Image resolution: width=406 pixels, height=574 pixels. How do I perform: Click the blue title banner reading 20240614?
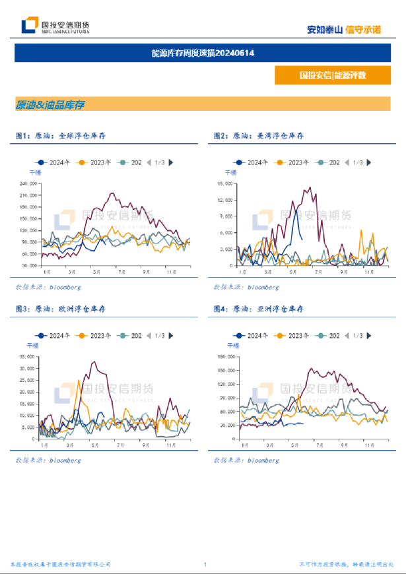203,53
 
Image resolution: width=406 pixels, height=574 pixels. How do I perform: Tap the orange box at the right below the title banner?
332,75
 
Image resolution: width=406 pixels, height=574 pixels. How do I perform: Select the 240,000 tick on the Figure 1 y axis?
28,183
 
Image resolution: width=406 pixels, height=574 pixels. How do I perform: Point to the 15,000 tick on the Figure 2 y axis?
225,183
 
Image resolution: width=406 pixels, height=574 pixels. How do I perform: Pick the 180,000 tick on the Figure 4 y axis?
227,357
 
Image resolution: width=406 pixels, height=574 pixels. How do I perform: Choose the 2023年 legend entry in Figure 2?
294,162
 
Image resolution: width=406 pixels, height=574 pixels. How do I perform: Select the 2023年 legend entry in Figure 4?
294,336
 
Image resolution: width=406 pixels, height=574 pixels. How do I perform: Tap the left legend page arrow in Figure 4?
347,336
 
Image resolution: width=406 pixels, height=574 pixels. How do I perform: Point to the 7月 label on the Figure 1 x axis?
121,271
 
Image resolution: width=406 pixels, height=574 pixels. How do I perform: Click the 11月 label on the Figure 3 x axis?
170,445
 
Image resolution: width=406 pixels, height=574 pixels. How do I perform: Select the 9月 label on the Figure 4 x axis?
344,445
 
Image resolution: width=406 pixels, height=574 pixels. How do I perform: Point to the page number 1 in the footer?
205,565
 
